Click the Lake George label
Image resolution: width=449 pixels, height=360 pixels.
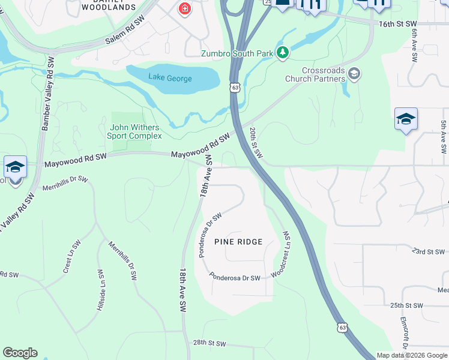(x=170, y=79)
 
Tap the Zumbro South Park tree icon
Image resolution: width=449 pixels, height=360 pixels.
(x=283, y=53)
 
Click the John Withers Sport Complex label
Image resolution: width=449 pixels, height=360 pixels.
(x=136, y=131)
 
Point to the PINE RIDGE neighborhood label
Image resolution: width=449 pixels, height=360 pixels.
(x=238, y=242)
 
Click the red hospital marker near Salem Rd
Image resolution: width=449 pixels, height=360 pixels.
(x=184, y=9)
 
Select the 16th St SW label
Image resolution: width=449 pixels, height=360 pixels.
(x=397, y=23)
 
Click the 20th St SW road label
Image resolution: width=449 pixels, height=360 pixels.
(x=256, y=143)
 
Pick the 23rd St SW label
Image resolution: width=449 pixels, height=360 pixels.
(x=429, y=252)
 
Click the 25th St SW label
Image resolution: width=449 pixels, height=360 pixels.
(x=406, y=305)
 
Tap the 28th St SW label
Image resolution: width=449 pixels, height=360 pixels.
(x=209, y=344)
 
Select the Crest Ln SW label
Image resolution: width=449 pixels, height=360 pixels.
(x=72, y=257)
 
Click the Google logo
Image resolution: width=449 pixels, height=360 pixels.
(x=20, y=353)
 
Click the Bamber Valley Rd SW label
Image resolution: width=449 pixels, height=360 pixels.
(x=47, y=96)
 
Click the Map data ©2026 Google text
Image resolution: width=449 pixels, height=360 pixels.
(x=412, y=355)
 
